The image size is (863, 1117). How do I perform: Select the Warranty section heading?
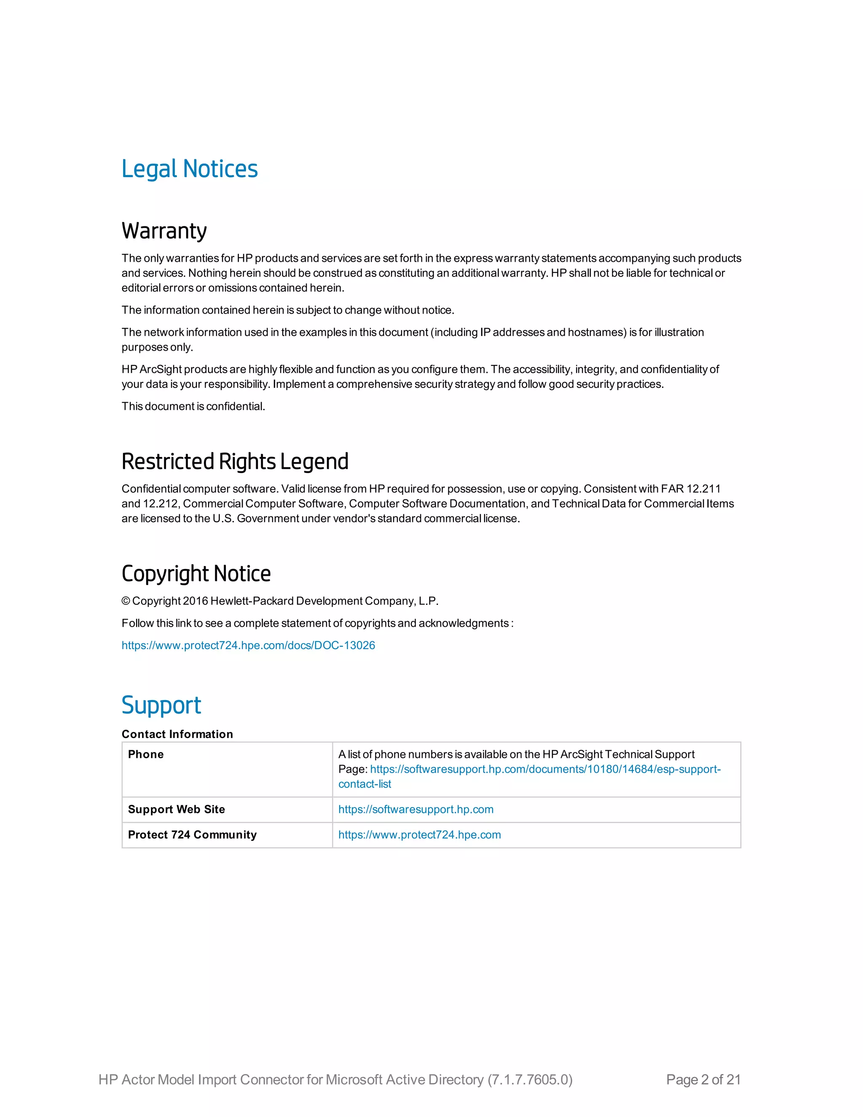click(164, 231)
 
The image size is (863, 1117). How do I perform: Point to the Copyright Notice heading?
click(196, 574)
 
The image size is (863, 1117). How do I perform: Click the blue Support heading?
click(161, 705)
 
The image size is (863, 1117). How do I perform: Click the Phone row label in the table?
click(146, 755)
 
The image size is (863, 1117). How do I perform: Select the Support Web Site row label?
click(177, 809)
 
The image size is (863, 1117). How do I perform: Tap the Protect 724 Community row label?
click(192, 835)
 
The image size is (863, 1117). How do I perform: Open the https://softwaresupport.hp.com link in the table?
click(415, 809)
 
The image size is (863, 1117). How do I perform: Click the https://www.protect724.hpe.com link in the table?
click(419, 835)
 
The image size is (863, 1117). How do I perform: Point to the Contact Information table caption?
click(177, 734)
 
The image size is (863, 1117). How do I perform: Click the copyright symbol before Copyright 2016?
click(126, 601)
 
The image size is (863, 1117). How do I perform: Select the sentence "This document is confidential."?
click(193, 407)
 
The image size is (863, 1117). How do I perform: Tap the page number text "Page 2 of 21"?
click(703, 1079)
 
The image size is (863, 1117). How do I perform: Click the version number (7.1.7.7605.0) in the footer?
click(530, 1079)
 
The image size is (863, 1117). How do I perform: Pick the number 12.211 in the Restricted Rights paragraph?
click(703, 489)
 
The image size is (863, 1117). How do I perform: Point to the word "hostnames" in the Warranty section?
click(597, 333)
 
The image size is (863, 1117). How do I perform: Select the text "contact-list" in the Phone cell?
click(364, 784)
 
